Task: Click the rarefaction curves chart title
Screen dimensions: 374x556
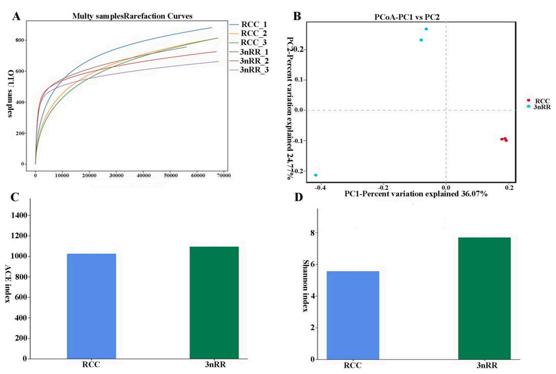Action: [132, 16]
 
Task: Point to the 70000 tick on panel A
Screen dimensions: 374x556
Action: [224, 176]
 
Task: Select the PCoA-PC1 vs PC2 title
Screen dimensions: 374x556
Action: [407, 17]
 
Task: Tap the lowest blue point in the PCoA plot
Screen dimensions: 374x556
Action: [316, 175]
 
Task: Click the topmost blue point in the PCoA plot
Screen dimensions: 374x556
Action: [426, 29]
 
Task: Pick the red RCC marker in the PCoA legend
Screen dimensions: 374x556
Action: [528, 101]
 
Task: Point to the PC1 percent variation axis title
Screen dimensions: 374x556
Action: [416, 194]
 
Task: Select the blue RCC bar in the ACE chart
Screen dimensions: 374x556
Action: [91, 306]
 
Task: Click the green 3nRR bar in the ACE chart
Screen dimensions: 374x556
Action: [214, 302]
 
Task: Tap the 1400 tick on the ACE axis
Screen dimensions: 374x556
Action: [19, 215]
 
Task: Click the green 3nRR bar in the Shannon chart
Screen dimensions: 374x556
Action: [484, 298]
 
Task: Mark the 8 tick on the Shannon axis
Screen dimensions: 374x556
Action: [312, 233]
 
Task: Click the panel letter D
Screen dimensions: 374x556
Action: [299, 197]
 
